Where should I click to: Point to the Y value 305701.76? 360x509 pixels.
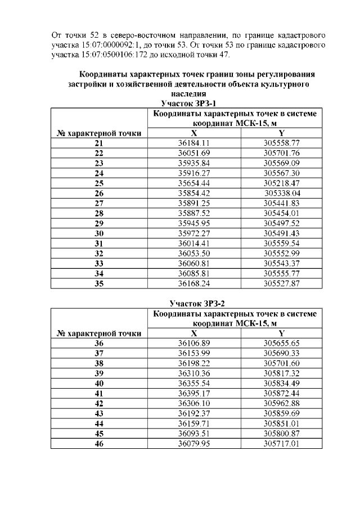(x=281, y=153)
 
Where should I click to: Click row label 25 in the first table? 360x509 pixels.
(x=99, y=183)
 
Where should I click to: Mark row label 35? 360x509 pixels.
(x=99, y=283)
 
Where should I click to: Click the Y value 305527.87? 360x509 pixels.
(x=281, y=283)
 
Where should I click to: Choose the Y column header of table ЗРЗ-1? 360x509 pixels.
(x=281, y=133)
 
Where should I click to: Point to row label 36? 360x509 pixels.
(x=99, y=343)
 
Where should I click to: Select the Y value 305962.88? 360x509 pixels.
(x=281, y=403)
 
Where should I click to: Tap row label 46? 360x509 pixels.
(x=99, y=443)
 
